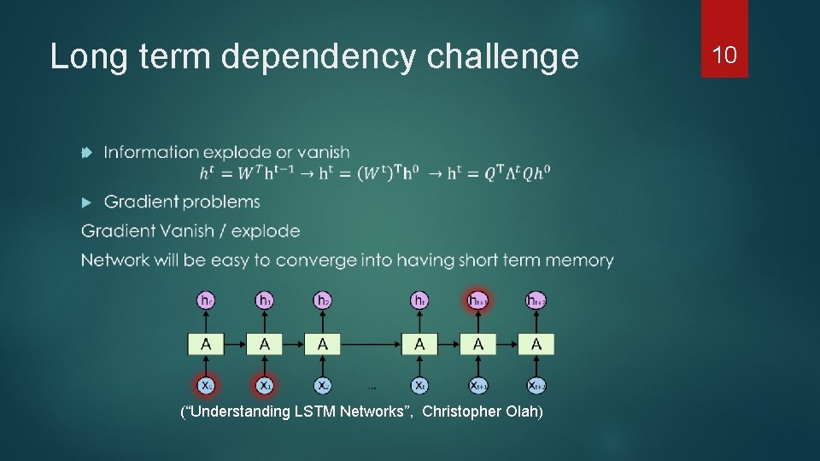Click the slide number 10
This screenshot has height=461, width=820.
[x=724, y=55]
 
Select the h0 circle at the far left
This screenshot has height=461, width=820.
[x=206, y=300]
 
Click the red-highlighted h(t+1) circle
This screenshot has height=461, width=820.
[x=478, y=300]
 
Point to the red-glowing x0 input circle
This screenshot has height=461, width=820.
[x=206, y=385]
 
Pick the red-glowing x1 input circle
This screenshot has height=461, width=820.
[x=265, y=385]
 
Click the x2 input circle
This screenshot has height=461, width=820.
[x=323, y=385]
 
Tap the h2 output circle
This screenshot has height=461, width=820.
[x=323, y=300]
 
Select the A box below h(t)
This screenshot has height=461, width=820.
[x=419, y=344]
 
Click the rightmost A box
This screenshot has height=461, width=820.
[x=536, y=344]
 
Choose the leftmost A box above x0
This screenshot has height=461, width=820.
[x=206, y=344]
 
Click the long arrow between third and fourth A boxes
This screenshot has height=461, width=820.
[x=371, y=344]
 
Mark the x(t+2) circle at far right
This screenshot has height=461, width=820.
[x=536, y=385]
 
